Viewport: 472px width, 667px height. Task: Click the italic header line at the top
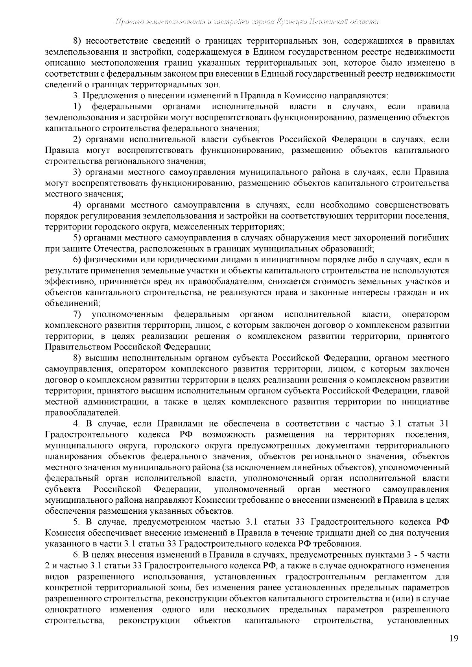247,22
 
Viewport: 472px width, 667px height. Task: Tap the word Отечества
114,249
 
